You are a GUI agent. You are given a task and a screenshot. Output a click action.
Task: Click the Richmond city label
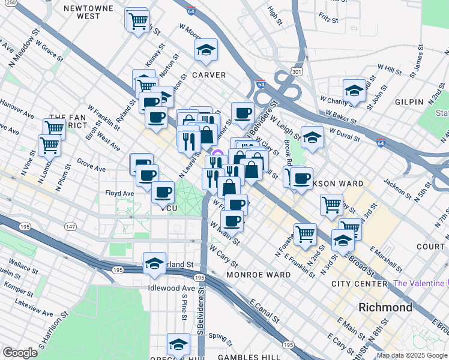(x=385, y=307)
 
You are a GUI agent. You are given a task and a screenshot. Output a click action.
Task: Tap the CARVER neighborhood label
(x=208, y=75)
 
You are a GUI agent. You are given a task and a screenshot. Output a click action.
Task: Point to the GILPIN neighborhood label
(x=409, y=102)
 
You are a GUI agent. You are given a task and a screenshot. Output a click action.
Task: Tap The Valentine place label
(x=418, y=283)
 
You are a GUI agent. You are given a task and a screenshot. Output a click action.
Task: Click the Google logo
(x=20, y=353)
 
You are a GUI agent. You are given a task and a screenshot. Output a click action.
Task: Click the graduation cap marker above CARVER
(x=206, y=50)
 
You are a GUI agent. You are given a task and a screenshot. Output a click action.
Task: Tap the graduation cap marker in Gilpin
(x=355, y=91)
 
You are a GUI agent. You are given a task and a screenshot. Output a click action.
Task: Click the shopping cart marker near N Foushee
(x=306, y=234)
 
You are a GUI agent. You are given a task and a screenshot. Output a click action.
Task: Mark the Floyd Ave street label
(x=119, y=194)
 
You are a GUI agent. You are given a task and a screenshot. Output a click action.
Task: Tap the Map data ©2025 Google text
(x=411, y=355)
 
